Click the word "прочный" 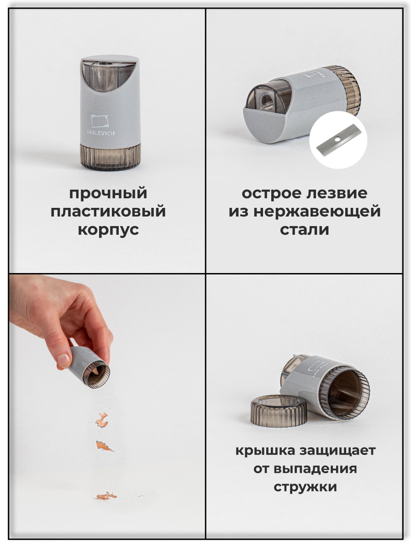108,193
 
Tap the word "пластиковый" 108,212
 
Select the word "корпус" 108,229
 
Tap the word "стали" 304,229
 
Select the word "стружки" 305,486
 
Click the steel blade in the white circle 338,140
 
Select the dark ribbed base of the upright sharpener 110,156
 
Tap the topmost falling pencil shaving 102,419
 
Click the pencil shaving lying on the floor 106,495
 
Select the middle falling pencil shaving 104,446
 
